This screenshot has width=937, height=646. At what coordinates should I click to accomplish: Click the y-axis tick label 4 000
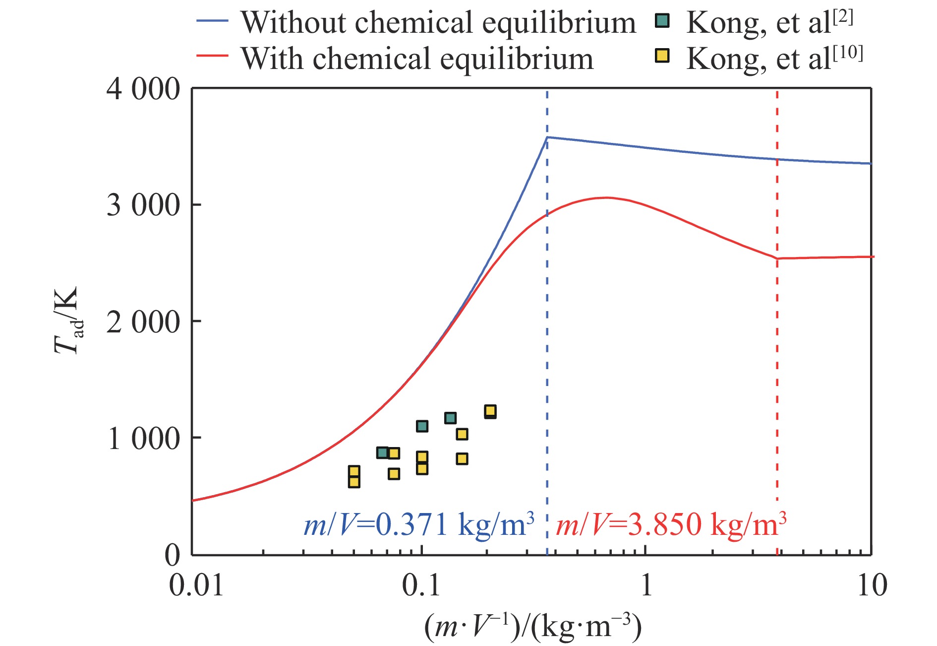point(143,90)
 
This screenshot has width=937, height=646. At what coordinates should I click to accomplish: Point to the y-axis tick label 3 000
point(143,205)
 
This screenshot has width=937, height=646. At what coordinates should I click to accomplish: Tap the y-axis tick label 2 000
point(143,322)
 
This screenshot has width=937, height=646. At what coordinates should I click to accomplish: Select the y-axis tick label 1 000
point(143,439)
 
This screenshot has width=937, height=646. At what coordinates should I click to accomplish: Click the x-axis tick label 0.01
point(196,585)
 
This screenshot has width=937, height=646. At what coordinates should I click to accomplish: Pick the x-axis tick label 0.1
point(421,585)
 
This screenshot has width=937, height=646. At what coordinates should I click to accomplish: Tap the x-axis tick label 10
point(872,585)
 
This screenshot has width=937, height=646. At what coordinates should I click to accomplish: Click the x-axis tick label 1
point(646,585)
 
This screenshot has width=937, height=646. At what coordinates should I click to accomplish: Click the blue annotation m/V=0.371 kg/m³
point(419,524)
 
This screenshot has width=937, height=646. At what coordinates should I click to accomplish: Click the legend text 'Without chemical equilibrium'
point(438,23)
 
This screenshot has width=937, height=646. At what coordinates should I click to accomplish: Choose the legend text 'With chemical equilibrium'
point(417,59)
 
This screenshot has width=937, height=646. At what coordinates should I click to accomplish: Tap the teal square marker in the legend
point(662,21)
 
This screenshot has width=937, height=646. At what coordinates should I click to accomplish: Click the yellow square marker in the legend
point(662,56)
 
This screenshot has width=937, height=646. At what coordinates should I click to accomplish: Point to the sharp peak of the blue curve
point(547,137)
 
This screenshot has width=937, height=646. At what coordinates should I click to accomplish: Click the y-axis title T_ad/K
point(67,320)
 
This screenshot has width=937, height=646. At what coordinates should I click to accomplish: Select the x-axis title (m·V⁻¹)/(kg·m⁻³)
point(533,627)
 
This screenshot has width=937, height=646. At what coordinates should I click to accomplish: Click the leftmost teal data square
point(382,452)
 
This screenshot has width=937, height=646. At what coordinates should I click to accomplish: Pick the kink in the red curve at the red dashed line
point(777,258)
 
